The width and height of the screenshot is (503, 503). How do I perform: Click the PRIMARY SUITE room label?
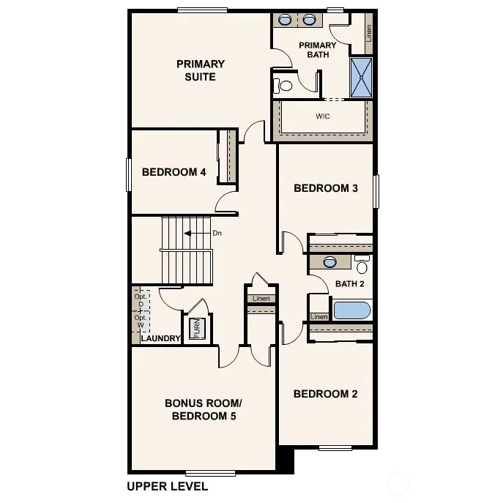coord(200,70)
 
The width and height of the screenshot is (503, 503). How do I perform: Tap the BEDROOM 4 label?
coord(174,172)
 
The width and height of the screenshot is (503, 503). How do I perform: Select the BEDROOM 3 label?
coord(325,188)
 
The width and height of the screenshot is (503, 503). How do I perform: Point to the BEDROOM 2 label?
coord(325,394)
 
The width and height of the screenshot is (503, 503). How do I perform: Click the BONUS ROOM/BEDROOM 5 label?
coord(203,409)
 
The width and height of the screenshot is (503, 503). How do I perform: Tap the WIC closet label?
coord(322,116)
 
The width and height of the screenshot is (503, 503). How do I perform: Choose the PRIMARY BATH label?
coord(318,50)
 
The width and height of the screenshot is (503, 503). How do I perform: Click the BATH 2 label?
coord(349,284)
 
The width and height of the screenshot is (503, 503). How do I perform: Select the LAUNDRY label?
coord(160,338)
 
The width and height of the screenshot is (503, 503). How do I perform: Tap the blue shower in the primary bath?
coord(361,78)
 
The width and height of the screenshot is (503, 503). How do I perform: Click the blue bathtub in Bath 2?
coord(353,310)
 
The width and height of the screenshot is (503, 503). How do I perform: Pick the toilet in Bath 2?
coord(362,265)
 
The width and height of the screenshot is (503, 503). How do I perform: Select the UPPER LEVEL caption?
coord(167,486)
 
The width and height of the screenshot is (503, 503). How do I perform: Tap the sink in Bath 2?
coord(329,261)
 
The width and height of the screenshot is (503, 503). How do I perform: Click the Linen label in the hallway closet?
coord(261,299)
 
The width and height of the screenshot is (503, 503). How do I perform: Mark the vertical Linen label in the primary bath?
coord(368,32)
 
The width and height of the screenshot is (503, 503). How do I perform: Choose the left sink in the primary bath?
coord(285,20)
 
